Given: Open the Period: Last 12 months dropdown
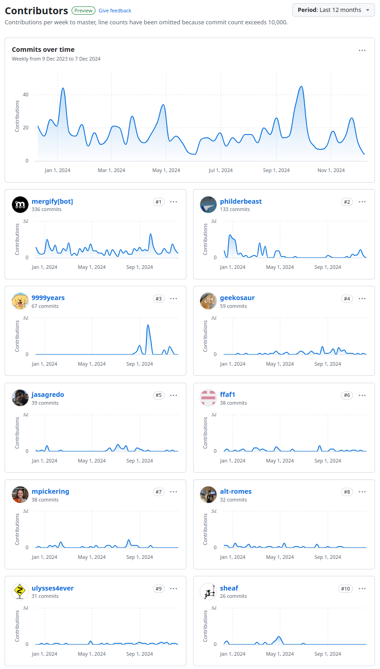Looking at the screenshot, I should pyautogui.click(x=333, y=10).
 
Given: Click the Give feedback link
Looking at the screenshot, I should pyautogui.click(x=115, y=11).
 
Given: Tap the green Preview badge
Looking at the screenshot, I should pyautogui.click(x=84, y=11).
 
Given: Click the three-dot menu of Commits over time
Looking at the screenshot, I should pyautogui.click(x=362, y=50).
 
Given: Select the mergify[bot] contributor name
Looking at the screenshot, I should pyautogui.click(x=52, y=201).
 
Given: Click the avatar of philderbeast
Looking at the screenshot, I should pyautogui.click(x=208, y=205).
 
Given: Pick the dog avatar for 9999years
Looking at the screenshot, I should pyautogui.click(x=20, y=301).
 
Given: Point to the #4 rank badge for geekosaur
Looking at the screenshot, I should pyautogui.click(x=347, y=299).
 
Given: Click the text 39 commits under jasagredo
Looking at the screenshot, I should pyautogui.click(x=45, y=403).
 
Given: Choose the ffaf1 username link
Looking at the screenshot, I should pyautogui.click(x=228, y=395).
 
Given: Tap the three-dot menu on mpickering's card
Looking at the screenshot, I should pyautogui.click(x=173, y=492).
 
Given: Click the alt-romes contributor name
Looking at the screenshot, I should pyautogui.click(x=235, y=491).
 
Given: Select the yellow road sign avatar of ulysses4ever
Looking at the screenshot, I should pyautogui.click(x=20, y=591).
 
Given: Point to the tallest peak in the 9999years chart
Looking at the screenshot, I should pyautogui.click(x=148, y=325).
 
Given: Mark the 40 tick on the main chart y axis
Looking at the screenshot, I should pyautogui.click(x=25, y=95).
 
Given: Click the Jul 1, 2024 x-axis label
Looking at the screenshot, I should pyautogui.click(x=220, y=170).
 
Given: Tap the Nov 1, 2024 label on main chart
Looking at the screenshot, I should pyautogui.click(x=331, y=170).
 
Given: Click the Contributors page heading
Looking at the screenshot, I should pyautogui.click(x=36, y=11).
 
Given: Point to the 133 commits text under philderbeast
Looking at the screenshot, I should pyautogui.click(x=235, y=209).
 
